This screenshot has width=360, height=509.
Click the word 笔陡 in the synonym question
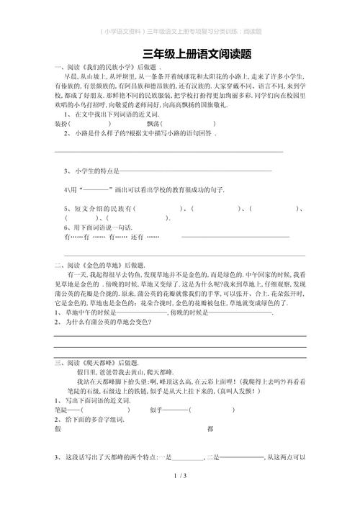[62, 409]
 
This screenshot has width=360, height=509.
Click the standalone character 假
[57, 429]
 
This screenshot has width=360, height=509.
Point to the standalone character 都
[210, 429]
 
